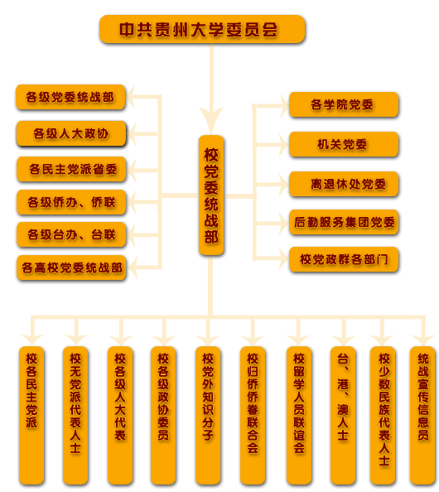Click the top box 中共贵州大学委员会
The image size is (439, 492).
point(202,29)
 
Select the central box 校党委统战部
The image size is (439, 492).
point(211,195)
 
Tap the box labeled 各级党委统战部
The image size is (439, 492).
point(70,97)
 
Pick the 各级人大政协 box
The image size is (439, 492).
point(71,133)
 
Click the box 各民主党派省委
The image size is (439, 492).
point(71,170)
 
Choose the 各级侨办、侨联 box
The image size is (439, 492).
point(71,202)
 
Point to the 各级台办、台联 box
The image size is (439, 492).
point(71,234)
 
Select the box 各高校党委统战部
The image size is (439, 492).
point(71,268)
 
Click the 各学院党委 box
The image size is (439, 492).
point(344,104)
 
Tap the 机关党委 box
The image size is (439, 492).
point(344,144)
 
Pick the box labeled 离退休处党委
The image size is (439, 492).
point(344,184)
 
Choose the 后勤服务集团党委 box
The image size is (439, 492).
point(344,222)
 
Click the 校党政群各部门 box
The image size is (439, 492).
point(344,259)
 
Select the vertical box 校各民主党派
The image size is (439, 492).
point(31,416)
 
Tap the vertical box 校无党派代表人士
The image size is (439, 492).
point(75,416)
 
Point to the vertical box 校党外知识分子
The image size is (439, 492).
point(208,416)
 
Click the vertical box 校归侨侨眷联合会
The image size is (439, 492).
point(253,416)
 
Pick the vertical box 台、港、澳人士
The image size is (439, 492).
point(343,416)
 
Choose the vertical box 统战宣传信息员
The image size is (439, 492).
point(422,416)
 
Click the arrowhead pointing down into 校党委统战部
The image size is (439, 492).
point(211,121)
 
